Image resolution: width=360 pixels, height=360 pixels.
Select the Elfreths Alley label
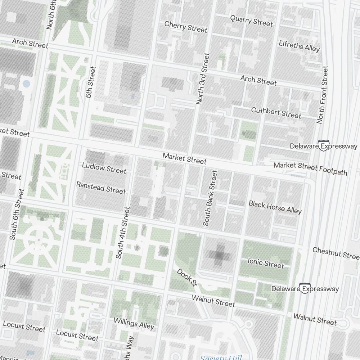click(x=299, y=46)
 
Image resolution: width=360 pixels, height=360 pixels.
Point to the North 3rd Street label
click(x=203, y=79)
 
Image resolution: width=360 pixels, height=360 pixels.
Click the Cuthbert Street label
click(x=276, y=113)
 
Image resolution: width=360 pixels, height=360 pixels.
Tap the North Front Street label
click(x=323, y=95)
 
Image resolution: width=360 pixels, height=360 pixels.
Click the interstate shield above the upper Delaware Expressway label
click(x=323, y=145)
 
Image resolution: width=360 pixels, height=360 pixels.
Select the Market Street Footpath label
click(x=310, y=168)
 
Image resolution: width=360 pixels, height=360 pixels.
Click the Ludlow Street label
click(x=104, y=168)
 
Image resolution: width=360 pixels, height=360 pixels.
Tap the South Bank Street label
click(x=211, y=198)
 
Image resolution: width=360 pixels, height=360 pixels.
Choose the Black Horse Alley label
click(x=275, y=207)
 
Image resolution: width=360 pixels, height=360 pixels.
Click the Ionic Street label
click(x=266, y=263)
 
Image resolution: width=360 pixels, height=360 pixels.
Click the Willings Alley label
click(x=134, y=323)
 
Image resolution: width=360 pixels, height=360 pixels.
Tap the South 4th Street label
click(x=122, y=233)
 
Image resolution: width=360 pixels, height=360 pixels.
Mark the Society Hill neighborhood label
click(x=220, y=357)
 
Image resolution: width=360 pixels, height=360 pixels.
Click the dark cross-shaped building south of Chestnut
click(x=219, y=255)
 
